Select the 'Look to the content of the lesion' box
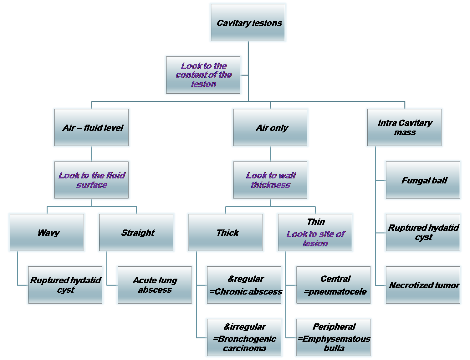(x=203, y=75)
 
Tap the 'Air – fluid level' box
(x=91, y=128)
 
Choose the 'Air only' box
(x=270, y=128)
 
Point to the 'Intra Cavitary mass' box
(x=404, y=128)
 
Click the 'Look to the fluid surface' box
(x=91, y=180)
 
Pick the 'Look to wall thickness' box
(x=270, y=180)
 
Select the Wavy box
(x=47, y=233)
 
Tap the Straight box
(x=136, y=233)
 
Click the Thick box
(x=226, y=233)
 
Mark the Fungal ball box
(x=423, y=180)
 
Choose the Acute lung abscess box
(x=155, y=285)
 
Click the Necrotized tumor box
(x=423, y=285)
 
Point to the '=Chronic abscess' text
(x=246, y=292)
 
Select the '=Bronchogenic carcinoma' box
(x=244, y=338)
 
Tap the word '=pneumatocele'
(x=335, y=292)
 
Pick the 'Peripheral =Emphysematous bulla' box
(x=333, y=338)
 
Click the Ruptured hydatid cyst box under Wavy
(x=65, y=285)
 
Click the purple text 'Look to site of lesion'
(x=315, y=239)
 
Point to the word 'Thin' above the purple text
(x=316, y=222)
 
